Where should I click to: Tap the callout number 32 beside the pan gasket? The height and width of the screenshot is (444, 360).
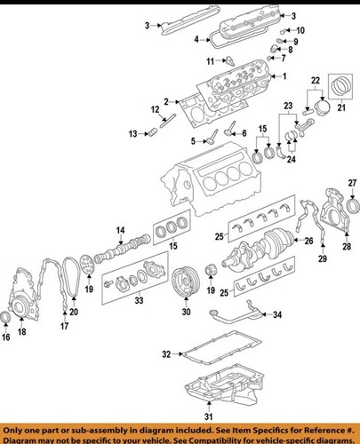coord(166,355)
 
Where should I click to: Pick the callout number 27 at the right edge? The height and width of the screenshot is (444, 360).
coord(352,183)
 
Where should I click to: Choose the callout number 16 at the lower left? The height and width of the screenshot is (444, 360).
coord(7,337)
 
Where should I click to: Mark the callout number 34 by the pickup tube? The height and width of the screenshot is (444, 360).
coord(276,315)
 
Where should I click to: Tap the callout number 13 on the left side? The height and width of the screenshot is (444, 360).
coord(132,134)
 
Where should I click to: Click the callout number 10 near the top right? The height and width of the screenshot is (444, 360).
coord(299,31)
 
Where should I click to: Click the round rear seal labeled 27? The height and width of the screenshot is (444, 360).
coord(352,209)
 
